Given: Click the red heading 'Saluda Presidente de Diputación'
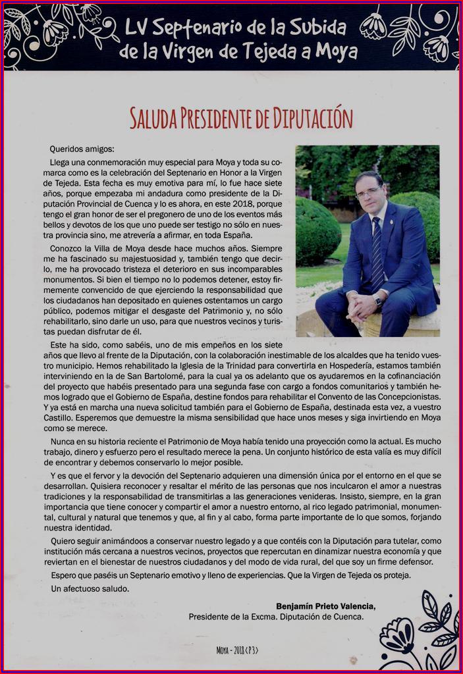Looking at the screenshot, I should coord(241,117).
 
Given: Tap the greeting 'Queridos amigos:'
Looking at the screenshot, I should coord(82,149).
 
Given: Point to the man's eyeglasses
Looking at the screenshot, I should coord(368,192).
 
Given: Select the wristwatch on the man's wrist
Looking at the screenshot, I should coord(378,301).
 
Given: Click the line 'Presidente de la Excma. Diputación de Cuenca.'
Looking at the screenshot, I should coord(275,617).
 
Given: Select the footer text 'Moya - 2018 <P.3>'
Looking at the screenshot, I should coord(237,650).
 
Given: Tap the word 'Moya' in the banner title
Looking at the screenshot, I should coord(335,51).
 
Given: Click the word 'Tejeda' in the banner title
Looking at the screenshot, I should coord(273,51).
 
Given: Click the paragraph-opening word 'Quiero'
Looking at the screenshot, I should coord(64,540).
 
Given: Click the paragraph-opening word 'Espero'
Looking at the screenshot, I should coord(65,575).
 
